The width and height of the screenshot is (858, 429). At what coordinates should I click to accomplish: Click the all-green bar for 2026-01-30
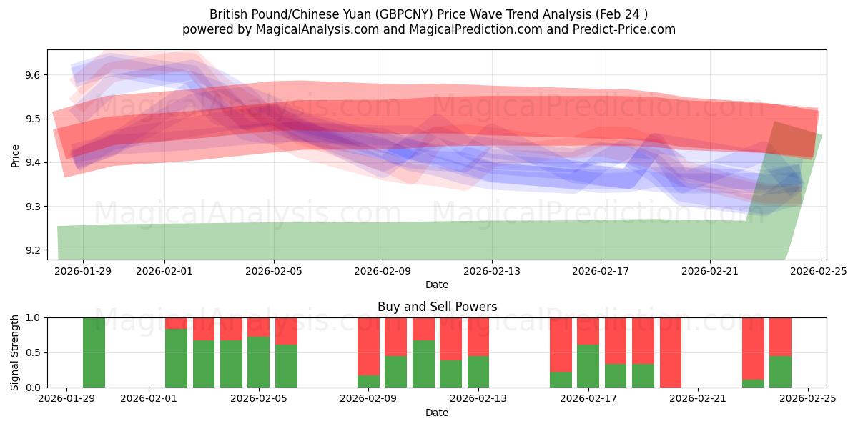tap(94, 352)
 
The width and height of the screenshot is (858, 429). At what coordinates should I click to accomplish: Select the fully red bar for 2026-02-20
tap(671, 352)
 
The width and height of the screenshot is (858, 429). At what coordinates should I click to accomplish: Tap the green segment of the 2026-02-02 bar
tap(176, 358)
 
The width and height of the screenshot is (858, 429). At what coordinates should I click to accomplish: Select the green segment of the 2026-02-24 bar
tap(780, 372)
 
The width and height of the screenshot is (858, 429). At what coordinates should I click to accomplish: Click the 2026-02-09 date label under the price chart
tap(382, 271)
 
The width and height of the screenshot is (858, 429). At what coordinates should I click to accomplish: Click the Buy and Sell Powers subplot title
tap(437, 307)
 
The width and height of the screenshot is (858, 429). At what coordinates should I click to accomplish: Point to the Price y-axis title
tap(16, 155)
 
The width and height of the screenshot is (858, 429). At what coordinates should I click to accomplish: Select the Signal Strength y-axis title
tap(16, 352)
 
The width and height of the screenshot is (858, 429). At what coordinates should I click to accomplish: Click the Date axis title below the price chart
tap(437, 285)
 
